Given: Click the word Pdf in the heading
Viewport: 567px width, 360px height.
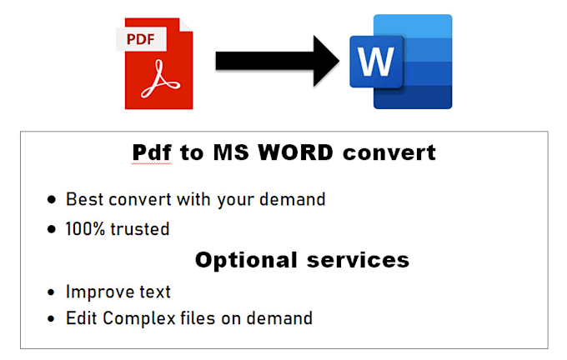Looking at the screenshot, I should (153, 153).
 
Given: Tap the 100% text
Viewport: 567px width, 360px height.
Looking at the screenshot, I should (87, 228).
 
